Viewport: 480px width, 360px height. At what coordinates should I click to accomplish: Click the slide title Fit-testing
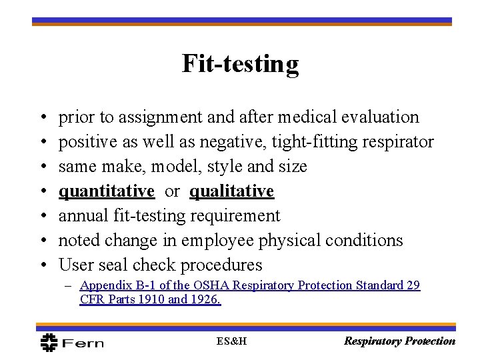pos(240,64)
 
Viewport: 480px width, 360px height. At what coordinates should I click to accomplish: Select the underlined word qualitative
pos(231,191)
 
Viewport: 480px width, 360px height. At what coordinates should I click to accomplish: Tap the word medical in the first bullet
pos(297,117)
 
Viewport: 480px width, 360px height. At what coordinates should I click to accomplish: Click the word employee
pos(213,241)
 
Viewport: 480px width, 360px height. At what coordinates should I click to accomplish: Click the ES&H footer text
pos(232,341)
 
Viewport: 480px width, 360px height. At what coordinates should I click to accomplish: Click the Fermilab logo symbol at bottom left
pos(50,341)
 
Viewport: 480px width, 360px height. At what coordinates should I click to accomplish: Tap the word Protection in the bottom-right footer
pos(430,341)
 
